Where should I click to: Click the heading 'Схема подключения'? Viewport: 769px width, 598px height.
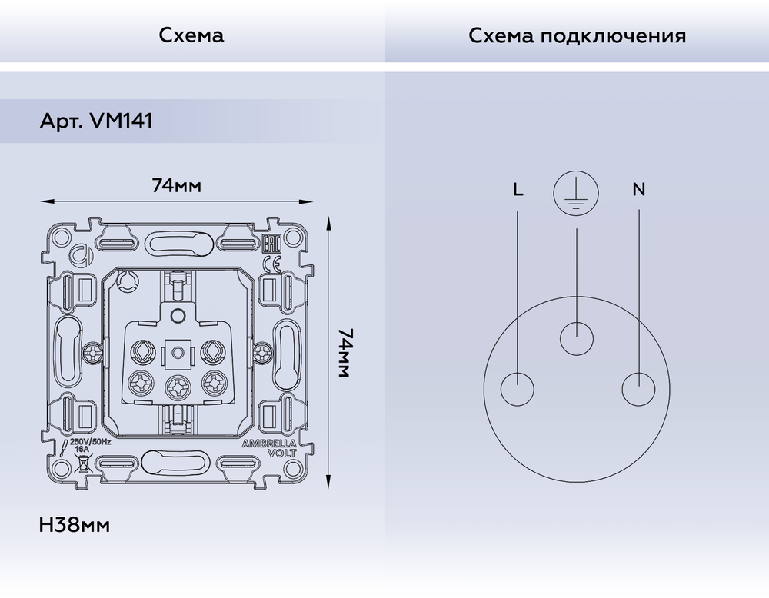click(577, 36)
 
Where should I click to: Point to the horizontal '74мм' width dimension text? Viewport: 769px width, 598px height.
click(177, 185)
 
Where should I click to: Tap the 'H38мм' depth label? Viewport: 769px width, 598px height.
click(74, 526)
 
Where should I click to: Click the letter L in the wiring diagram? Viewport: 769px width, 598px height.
click(518, 189)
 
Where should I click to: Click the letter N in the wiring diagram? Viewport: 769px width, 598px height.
click(639, 189)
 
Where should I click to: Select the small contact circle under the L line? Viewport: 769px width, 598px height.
click(518, 388)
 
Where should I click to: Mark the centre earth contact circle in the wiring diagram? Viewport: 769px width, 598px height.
click(577, 337)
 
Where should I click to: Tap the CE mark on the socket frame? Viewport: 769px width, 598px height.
click(271, 265)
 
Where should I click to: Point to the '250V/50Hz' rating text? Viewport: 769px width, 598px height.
click(91, 443)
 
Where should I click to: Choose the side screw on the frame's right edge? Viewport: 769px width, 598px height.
click(263, 353)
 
